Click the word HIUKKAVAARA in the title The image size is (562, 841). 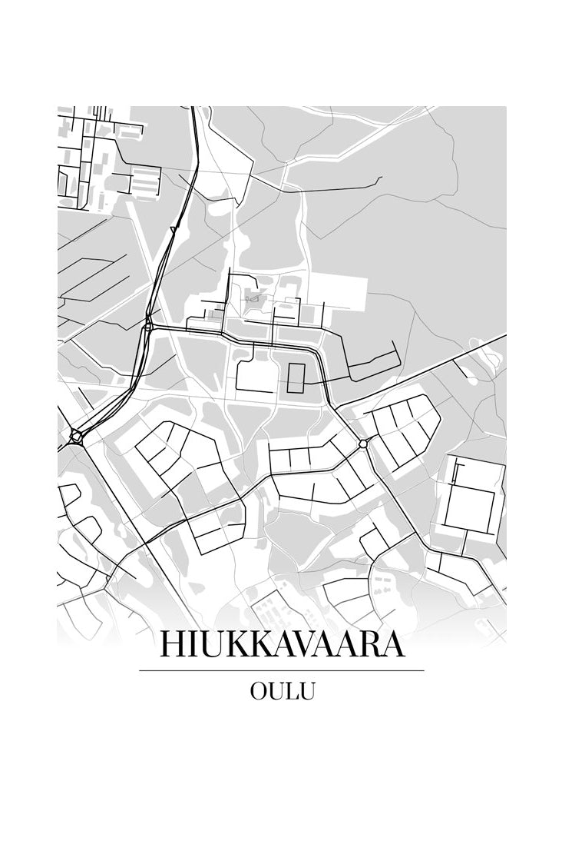(281, 644)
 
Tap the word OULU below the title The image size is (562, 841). (282, 691)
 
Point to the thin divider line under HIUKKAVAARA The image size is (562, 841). (281, 670)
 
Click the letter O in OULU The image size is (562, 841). (259, 691)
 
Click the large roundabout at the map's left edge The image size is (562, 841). (76, 436)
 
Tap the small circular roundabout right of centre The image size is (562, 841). (363, 444)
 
